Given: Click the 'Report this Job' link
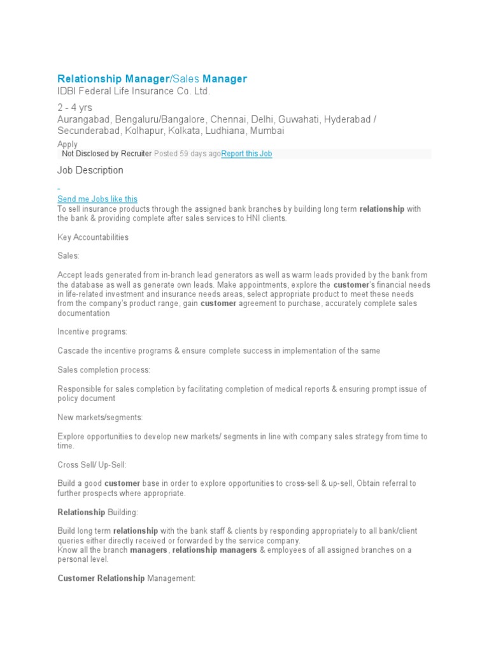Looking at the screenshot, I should [246, 154].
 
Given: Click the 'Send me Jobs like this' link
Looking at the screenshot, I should [97, 199].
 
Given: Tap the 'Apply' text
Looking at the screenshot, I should [67, 144].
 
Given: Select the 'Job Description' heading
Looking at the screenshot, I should [90, 170].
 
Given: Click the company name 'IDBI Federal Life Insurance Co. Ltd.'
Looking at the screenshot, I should [134, 91].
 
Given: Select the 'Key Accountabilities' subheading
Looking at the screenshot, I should [93, 237].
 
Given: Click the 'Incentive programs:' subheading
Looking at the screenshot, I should [92, 332].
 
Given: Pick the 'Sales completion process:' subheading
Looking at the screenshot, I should [104, 370].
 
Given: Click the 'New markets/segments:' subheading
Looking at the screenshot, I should [100, 417].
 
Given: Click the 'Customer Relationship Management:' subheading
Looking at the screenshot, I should [126, 578].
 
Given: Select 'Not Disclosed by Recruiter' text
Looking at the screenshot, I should [107, 154].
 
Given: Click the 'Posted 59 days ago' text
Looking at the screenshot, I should [187, 154].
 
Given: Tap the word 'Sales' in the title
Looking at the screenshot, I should [186, 78].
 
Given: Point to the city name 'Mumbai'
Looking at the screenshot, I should [267, 131].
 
